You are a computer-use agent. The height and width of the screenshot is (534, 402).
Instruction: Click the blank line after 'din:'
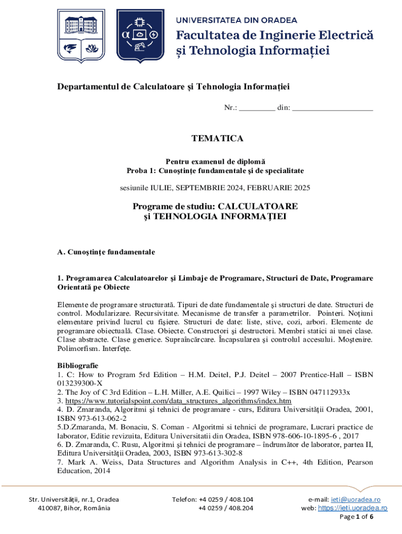(x=333, y=108)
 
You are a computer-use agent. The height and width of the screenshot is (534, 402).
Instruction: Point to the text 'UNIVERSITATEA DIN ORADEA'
(x=237, y=20)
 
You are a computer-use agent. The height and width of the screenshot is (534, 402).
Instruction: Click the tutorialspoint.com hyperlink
(x=178, y=401)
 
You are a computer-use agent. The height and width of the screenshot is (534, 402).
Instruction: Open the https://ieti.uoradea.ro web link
(x=352, y=508)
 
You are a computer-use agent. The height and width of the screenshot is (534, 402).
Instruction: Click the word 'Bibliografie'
(x=77, y=365)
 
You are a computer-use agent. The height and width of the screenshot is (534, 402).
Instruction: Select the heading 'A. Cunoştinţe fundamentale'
(x=106, y=252)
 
